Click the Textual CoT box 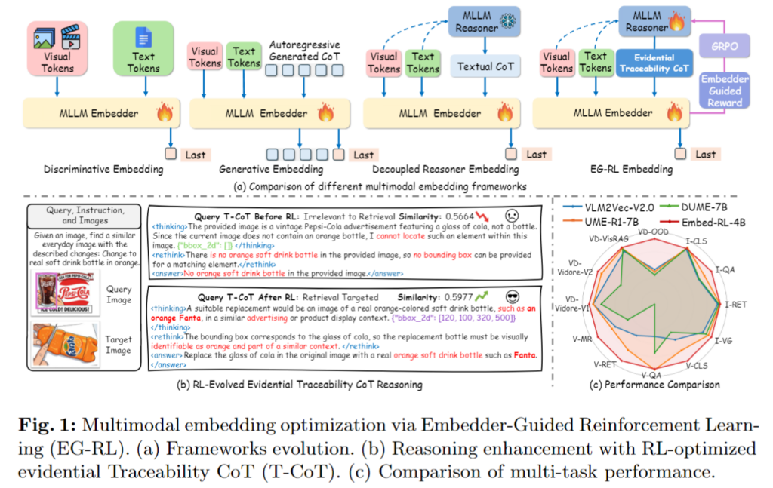point(485,66)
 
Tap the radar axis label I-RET point(738,305)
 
